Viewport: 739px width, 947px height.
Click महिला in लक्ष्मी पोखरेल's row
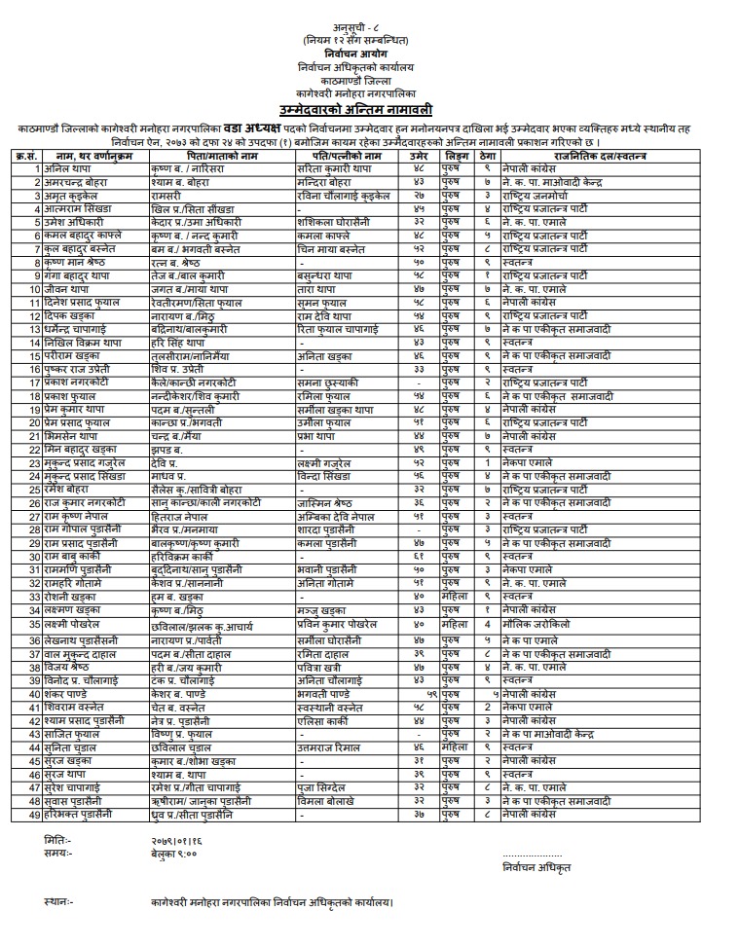[x=455, y=622]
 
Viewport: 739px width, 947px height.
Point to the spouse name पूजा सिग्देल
[x=328, y=783]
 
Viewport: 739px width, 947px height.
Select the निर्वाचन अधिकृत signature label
[x=535, y=866]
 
